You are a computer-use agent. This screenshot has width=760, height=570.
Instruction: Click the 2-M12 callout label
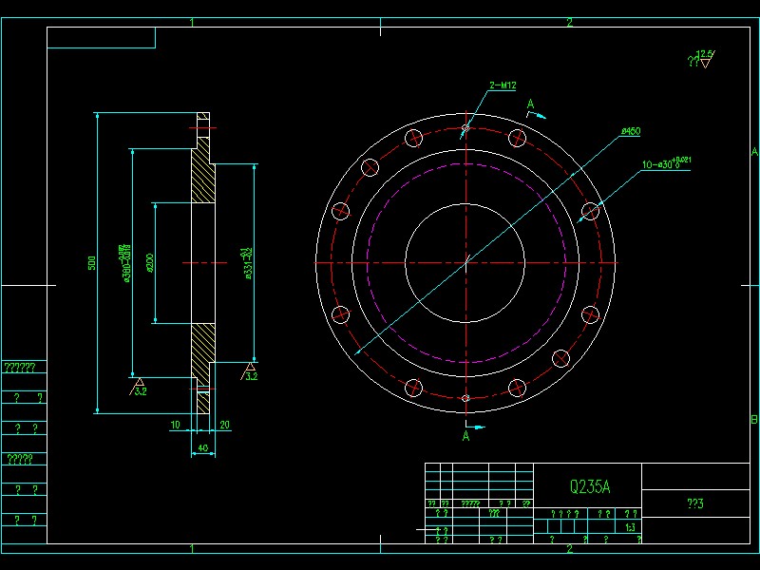[503, 86]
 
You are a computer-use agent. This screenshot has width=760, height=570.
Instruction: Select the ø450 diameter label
[629, 131]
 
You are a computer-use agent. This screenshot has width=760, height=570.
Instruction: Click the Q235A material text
[589, 487]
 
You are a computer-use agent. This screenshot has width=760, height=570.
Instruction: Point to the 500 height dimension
[92, 262]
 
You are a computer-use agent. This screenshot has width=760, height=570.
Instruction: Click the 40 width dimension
[201, 447]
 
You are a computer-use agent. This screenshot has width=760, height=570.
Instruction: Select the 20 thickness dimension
[224, 425]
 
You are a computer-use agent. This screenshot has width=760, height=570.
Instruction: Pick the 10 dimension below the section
[175, 425]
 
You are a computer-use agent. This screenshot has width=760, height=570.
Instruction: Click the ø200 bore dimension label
[151, 262]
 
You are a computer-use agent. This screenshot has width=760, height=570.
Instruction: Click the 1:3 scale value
[630, 526]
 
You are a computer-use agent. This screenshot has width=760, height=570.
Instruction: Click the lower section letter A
[465, 437]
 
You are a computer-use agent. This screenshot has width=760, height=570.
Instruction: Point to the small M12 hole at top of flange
[465, 127]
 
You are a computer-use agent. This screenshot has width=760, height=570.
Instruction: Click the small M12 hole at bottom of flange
[465, 398]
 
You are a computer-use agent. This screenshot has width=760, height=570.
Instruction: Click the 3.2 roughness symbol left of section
[139, 386]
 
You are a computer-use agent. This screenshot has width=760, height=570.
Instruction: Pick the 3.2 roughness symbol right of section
[250, 372]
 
